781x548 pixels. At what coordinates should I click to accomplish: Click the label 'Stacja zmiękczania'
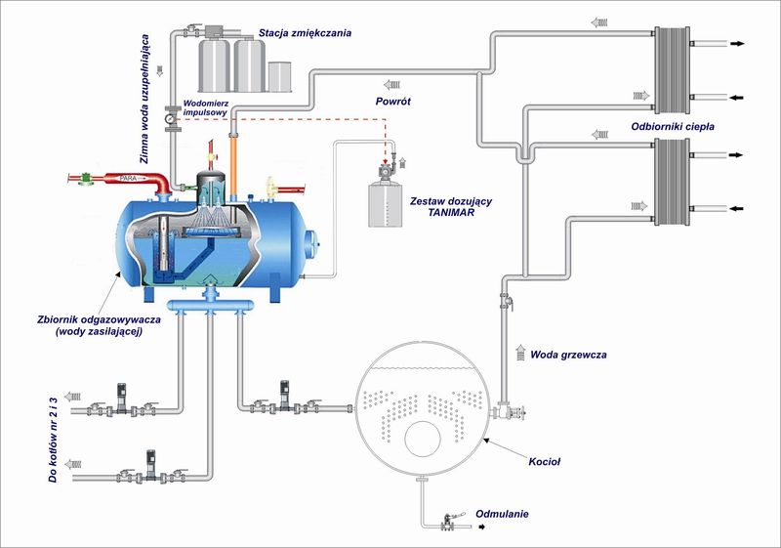click(305, 33)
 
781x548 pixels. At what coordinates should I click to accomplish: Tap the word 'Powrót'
click(393, 102)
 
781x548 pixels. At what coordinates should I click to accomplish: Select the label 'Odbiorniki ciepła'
click(673, 127)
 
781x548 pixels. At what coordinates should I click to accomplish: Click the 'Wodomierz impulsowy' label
click(206, 108)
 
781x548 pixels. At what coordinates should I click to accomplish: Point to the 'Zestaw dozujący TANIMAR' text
click(451, 207)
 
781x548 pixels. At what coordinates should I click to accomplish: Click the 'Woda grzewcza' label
click(568, 355)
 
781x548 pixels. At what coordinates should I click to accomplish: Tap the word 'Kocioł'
click(545, 462)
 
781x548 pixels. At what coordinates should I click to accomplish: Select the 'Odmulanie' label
click(502, 514)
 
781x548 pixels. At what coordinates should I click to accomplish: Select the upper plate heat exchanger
click(672, 70)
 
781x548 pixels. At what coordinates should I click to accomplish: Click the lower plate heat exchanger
click(672, 182)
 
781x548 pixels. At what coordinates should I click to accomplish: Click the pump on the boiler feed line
click(284, 396)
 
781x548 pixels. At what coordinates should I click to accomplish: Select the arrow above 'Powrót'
click(392, 84)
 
